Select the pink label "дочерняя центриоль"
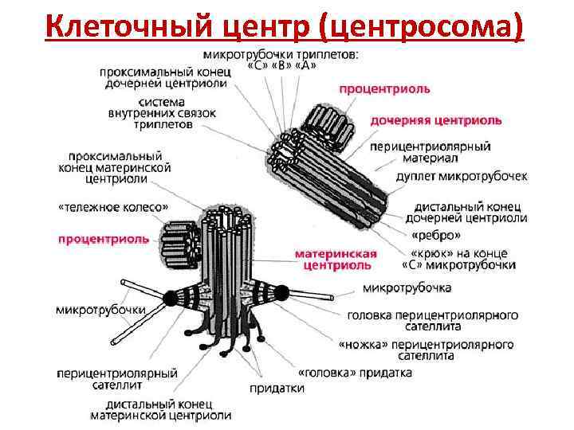coord(436,120)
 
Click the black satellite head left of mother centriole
coord(171,299)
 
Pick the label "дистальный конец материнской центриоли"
coord(160,409)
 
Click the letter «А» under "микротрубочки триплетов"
coord(305,65)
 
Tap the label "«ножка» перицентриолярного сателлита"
coord(426,350)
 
